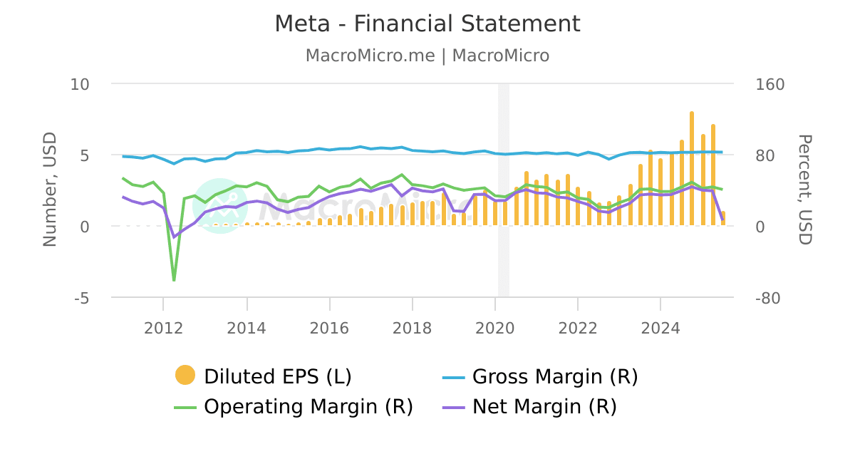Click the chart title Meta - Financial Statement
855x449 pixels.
427,24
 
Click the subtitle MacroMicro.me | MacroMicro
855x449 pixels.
427,56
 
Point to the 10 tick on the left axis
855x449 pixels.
80,84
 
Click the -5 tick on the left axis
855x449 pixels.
81,298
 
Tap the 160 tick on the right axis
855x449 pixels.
769,84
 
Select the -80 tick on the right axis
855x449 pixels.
769,298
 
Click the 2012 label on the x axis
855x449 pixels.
164,328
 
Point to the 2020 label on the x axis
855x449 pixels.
495,328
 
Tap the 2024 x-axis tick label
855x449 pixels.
660,328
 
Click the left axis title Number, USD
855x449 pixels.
49,190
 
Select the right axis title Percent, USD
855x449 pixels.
804,190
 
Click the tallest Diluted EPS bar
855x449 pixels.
691,168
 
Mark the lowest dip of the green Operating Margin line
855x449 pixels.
174,280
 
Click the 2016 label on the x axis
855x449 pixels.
329,328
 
